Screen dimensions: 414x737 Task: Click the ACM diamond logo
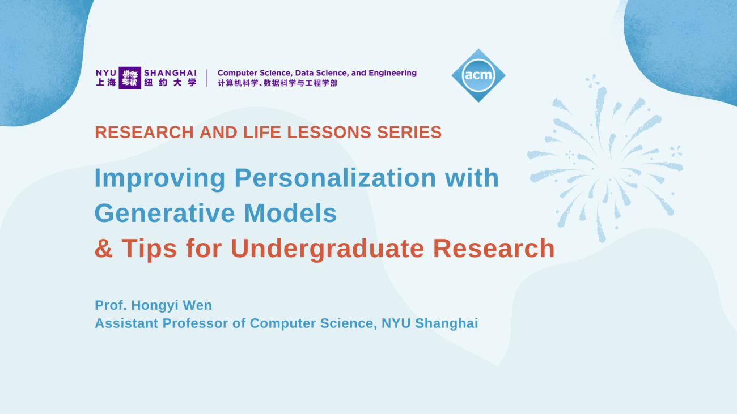478,75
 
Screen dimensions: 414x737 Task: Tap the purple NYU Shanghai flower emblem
130,78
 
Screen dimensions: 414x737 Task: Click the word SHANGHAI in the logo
171,73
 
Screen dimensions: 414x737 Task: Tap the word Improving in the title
160,178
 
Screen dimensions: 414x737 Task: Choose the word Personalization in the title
335,178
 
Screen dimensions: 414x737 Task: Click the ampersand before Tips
104,249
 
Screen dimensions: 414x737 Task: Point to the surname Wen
198,305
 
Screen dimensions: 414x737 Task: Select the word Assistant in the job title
127,323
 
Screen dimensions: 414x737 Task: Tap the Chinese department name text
278,83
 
